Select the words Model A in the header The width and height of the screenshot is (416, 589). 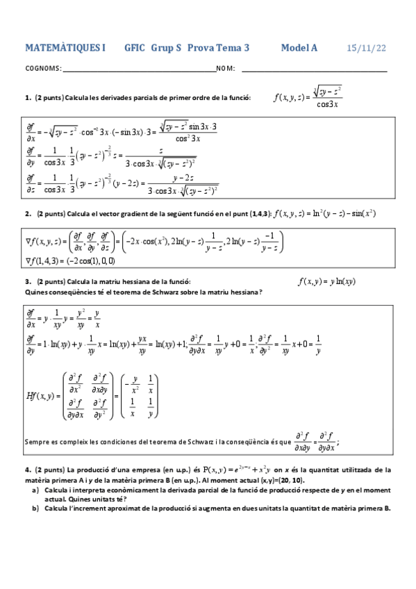(x=299, y=48)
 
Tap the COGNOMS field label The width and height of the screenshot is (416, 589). (x=42, y=69)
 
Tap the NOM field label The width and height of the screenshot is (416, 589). (x=226, y=69)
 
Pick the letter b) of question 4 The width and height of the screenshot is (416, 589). (x=35, y=508)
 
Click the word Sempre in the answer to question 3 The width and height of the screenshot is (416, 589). (x=37, y=440)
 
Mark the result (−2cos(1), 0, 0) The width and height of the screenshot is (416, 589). (x=89, y=261)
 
